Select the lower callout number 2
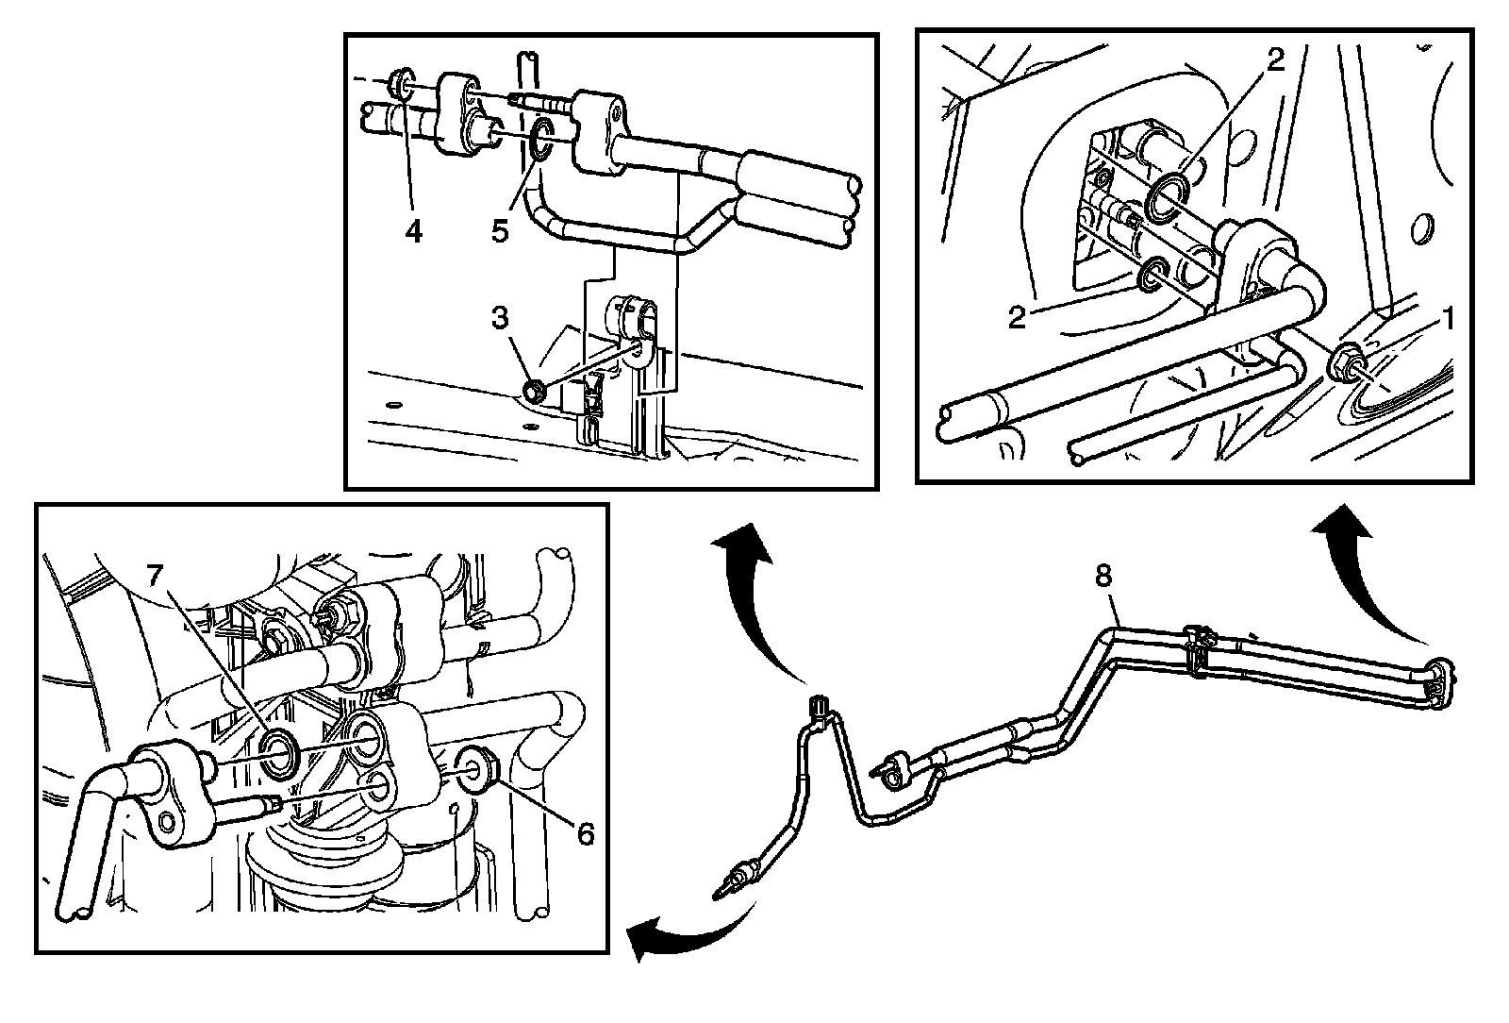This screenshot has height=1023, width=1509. point(1016,317)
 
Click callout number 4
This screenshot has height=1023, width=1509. point(414,230)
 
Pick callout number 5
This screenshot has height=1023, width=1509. point(500,230)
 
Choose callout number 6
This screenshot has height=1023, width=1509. point(585,833)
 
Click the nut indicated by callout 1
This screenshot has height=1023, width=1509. point(1345,363)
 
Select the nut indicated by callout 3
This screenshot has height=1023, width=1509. point(533,390)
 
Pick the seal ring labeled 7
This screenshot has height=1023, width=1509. point(280,752)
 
